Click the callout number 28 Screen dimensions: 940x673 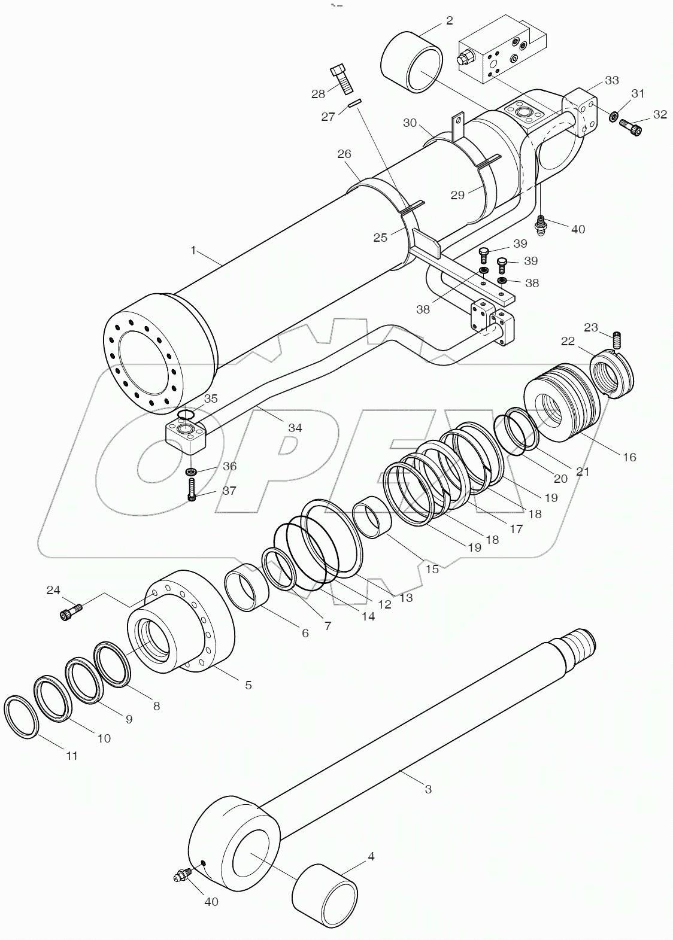318,93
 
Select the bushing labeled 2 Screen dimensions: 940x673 412,63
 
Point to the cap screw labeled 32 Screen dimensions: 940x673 632,127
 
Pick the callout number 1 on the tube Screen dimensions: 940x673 193,250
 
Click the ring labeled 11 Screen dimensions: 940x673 22,717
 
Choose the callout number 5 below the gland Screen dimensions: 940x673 248,685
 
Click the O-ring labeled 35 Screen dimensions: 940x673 186,415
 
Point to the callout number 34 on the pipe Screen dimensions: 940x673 295,428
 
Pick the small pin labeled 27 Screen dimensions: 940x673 354,104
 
